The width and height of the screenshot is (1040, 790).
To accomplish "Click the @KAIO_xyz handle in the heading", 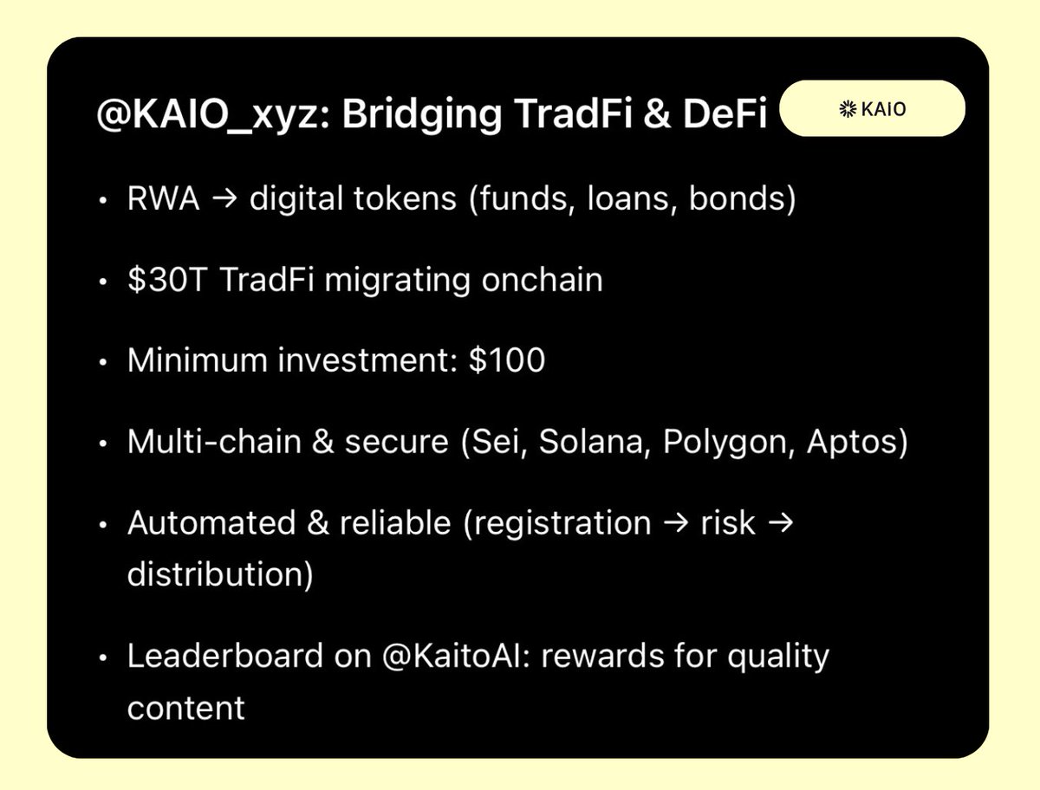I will [x=208, y=115].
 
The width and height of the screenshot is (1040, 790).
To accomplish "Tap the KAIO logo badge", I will [x=872, y=109].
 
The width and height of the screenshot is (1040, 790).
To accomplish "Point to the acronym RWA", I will [x=164, y=199].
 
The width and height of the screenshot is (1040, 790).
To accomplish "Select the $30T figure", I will [x=166, y=280].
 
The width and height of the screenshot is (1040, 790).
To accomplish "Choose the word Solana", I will [x=593, y=442].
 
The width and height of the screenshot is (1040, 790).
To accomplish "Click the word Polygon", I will [x=727, y=442].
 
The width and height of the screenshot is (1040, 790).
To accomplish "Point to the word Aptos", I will [x=854, y=442].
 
